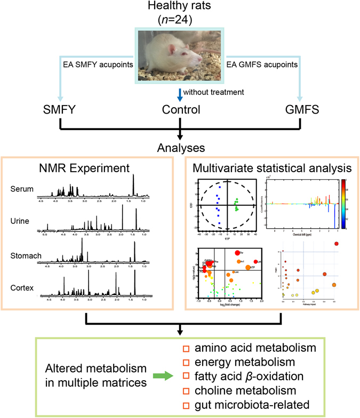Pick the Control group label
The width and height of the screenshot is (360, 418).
coord(180,111)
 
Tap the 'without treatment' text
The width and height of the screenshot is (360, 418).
coord(215,92)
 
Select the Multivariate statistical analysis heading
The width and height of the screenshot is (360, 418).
coord(268,170)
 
